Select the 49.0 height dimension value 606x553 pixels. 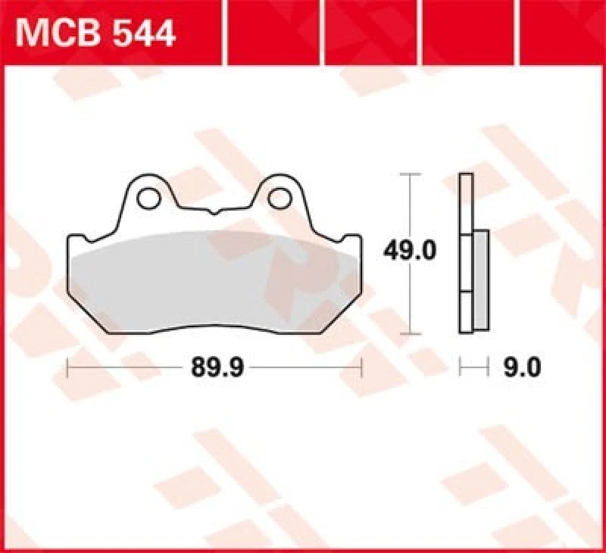411,250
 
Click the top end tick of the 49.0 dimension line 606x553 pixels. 410,174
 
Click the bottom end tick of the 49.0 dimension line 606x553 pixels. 410,333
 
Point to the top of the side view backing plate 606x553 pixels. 466,177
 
